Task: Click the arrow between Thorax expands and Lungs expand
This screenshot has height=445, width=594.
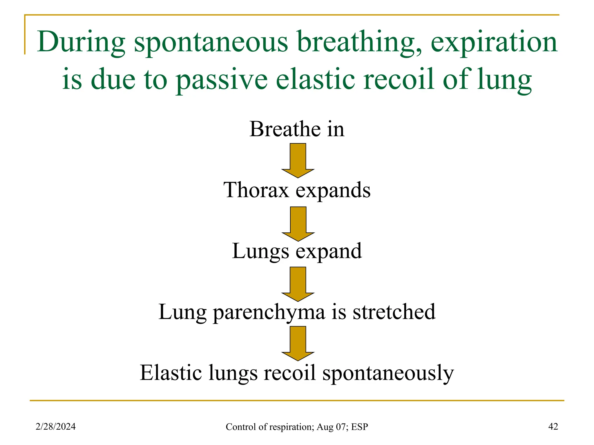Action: [x=298, y=223]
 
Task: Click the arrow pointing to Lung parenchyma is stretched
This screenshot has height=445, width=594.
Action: [x=298, y=284]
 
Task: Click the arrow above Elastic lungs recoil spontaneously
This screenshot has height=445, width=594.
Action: [x=298, y=343]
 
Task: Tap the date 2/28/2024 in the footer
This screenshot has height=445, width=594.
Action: [x=55, y=426]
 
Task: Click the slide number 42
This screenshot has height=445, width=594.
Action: [x=553, y=426]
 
